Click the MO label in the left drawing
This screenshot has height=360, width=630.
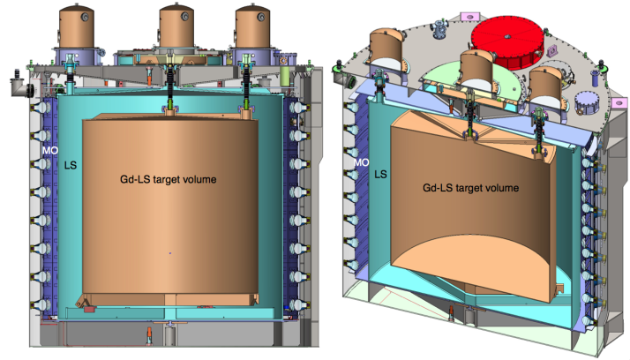(x=50, y=151)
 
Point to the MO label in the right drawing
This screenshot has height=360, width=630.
(x=361, y=162)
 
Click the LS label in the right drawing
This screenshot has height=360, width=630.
(x=382, y=176)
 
